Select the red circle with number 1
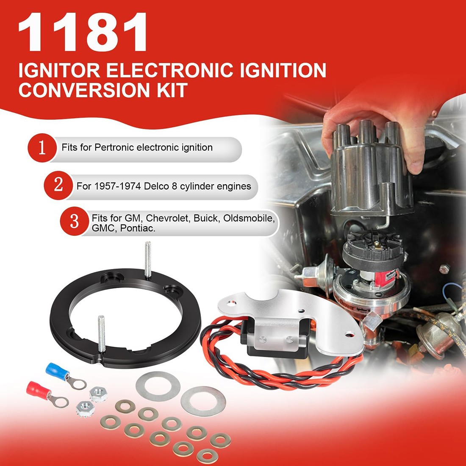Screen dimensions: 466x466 42,148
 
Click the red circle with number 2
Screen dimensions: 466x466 58,186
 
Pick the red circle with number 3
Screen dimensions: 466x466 74,221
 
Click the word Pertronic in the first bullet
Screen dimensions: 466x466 114,148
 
